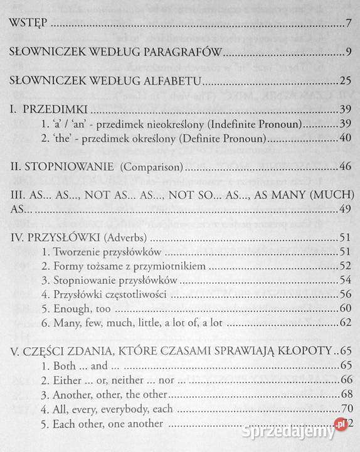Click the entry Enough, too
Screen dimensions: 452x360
click(x=73, y=309)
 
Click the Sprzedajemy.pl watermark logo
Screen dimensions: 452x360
click(x=306, y=434)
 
